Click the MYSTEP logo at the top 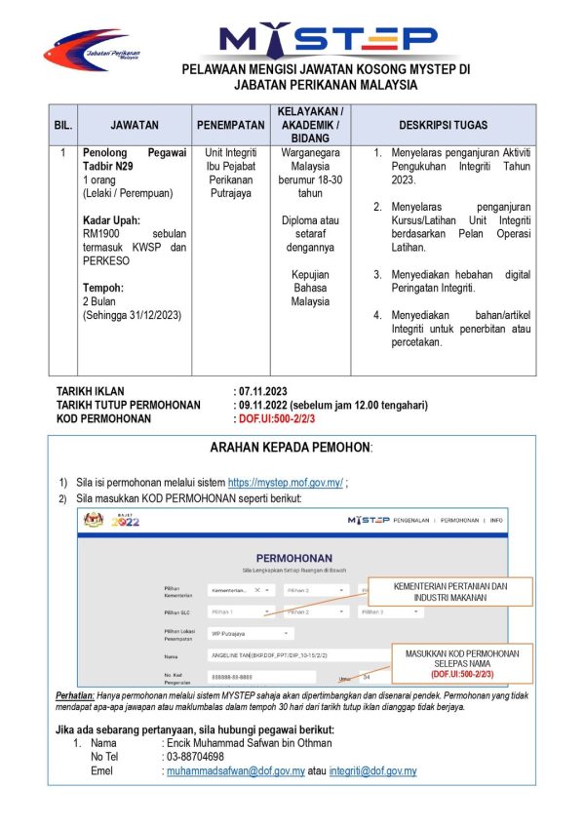328,39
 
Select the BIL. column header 62,126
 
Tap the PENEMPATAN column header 230,126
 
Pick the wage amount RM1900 101,234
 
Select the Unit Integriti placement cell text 230,154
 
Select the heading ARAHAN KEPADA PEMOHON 291,448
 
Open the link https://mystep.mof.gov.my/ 285,483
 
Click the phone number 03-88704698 196,757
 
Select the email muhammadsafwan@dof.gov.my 236,771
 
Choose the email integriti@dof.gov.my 374,771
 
